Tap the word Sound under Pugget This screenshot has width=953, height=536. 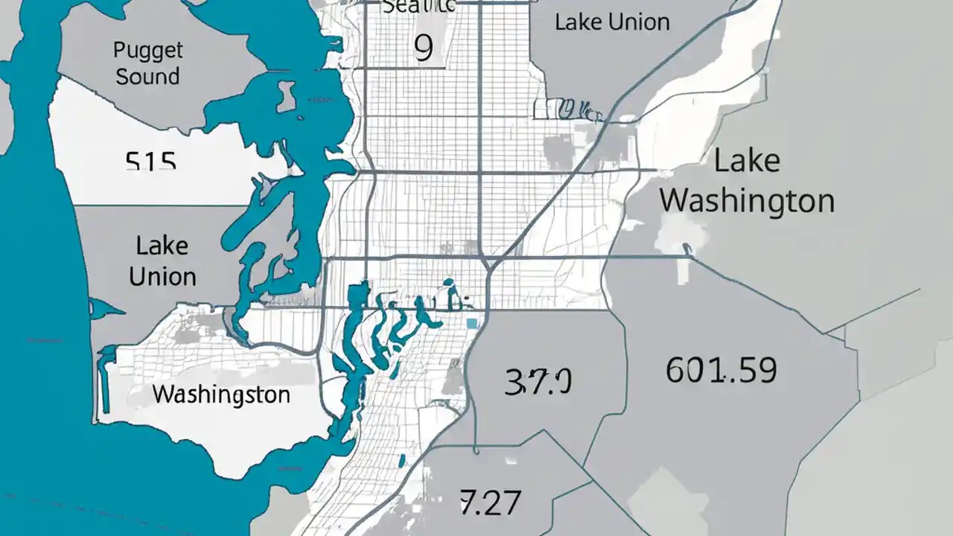[x=147, y=77]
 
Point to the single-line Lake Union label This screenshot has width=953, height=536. [x=612, y=22]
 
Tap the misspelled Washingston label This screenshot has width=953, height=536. [x=221, y=394]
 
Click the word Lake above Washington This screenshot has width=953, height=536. [x=746, y=162]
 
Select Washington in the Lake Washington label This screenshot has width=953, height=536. [x=747, y=201]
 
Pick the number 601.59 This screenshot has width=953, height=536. [x=721, y=370]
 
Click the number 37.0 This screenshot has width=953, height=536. [x=538, y=382]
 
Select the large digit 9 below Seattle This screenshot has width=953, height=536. [x=423, y=48]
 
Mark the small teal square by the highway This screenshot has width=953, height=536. [x=471, y=323]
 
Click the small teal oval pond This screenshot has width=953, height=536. [x=448, y=282]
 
